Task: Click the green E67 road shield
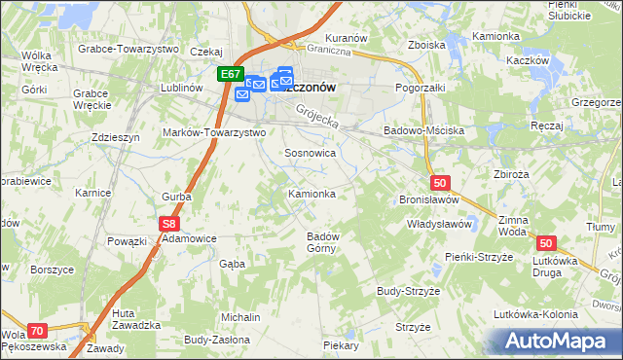tap(231, 74)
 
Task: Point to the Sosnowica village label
tap(311, 154)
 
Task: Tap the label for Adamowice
tap(190, 237)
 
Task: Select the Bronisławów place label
tap(428, 198)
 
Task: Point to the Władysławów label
tap(439, 224)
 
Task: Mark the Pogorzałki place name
tap(421, 88)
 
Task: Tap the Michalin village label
tap(240, 317)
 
